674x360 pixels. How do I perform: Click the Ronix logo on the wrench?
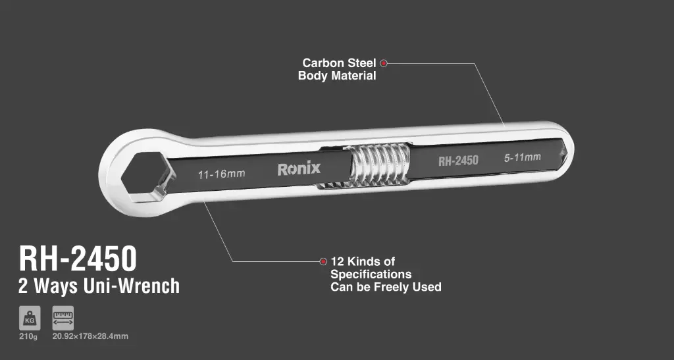[x=299, y=169]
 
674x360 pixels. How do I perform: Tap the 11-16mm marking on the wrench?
[x=221, y=174]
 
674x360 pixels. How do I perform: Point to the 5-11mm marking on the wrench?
[x=522, y=157]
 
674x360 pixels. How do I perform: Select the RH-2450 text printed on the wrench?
[x=458, y=161]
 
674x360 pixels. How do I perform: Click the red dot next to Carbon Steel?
[x=384, y=63]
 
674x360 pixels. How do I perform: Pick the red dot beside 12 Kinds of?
[x=323, y=261]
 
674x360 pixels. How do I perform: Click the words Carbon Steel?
[x=339, y=63]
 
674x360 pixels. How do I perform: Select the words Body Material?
[x=337, y=76]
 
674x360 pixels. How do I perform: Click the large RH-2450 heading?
[x=78, y=258]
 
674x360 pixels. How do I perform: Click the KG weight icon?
[x=30, y=319]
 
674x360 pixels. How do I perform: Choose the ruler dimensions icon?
[x=63, y=319]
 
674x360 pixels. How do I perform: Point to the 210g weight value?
[x=29, y=337]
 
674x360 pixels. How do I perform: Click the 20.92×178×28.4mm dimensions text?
[x=90, y=337]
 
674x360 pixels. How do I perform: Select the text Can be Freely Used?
[x=386, y=287]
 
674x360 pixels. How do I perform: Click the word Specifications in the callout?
[x=371, y=274]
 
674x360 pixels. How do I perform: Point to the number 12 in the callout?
[x=337, y=261]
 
